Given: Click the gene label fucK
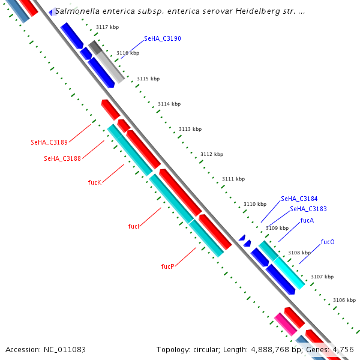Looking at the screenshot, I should tap(94, 182).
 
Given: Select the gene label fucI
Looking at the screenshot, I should tap(134, 226).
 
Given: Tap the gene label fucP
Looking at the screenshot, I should tap(168, 266).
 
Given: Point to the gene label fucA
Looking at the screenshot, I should tap(307, 220).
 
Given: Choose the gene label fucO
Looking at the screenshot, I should tap(328, 242).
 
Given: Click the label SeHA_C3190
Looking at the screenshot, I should tap(163, 38).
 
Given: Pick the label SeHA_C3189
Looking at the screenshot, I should tap(49, 142).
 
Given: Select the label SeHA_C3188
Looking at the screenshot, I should tap(62, 158).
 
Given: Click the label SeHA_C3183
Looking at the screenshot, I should tap(308, 209).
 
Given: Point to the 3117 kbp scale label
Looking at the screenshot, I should tap(107, 27).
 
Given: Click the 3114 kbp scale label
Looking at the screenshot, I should tap(169, 104).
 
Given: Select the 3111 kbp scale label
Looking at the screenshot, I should tap(233, 179).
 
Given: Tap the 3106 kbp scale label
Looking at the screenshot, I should tap(344, 300).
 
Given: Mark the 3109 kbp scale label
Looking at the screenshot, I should tap(277, 228).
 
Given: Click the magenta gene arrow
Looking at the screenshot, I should tap(285, 324).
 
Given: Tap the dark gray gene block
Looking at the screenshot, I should tap(95, 47).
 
